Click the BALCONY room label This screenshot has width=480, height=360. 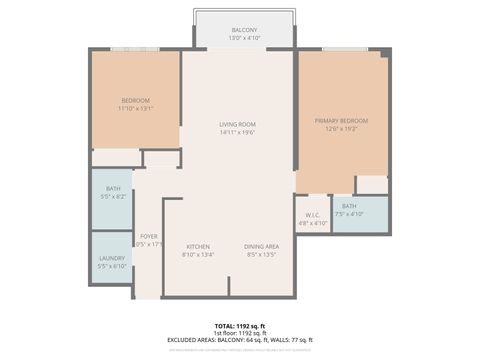tap(244, 30)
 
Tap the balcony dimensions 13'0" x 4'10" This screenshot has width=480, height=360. tap(244, 38)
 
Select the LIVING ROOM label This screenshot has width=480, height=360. tap(238, 124)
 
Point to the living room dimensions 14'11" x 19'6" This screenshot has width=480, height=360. tap(238, 132)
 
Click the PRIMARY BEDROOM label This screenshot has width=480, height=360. tap(341, 120)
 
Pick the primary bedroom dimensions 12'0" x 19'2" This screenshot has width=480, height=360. tap(341, 128)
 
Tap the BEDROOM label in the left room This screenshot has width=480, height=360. tap(136, 100)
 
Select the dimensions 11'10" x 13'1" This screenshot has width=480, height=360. tap(136, 108)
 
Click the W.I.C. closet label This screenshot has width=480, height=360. tap(312, 215)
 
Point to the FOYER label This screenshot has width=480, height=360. tap(148, 236)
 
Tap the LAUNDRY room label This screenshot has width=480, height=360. tap(112, 258)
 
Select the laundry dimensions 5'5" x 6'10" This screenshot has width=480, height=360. tap(112, 266)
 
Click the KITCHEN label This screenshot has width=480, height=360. tap(198, 246)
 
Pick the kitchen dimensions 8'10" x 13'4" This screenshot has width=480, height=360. tap(198, 254)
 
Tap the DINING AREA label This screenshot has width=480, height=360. tap(261, 246)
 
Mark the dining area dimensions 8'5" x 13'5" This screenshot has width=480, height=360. tap(261, 254)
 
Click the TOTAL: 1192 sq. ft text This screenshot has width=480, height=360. tap(239, 326)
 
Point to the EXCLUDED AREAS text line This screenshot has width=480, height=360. tap(239, 340)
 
